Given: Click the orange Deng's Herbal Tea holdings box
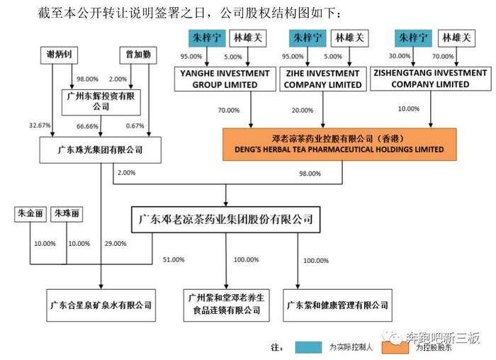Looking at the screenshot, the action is [x=339, y=145].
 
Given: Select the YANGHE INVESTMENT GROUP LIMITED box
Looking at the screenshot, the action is [x=225, y=79].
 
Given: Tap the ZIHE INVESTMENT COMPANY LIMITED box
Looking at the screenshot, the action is [x=323, y=79].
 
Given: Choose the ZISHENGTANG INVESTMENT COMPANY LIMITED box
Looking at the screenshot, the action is [x=431, y=79].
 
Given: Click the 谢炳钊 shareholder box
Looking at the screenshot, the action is [x=59, y=55].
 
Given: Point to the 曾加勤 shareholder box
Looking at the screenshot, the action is [x=138, y=55].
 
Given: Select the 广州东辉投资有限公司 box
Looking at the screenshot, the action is [x=101, y=102].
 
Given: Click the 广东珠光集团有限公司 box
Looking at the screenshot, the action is [x=101, y=150].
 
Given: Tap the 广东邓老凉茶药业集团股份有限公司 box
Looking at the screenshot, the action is [x=225, y=220].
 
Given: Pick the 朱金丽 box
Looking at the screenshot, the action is [x=30, y=214].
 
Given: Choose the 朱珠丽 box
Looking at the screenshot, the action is [x=67, y=214].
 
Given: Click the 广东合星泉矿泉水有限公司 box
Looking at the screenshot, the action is [x=101, y=305].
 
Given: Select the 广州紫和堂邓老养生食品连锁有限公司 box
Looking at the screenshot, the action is [x=227, y=305].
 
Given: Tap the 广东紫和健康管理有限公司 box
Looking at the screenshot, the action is [x=337, y=305].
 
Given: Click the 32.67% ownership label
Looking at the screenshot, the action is [x=40, y=125].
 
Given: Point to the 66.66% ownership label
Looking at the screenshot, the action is [x=87, y=126].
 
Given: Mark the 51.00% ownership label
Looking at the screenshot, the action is [x=174, y=259].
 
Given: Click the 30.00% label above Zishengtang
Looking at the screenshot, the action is [x=400, y=56].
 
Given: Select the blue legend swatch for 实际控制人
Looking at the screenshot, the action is [x=308, y=347].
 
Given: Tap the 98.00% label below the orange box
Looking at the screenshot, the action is [x=310, y=174].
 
